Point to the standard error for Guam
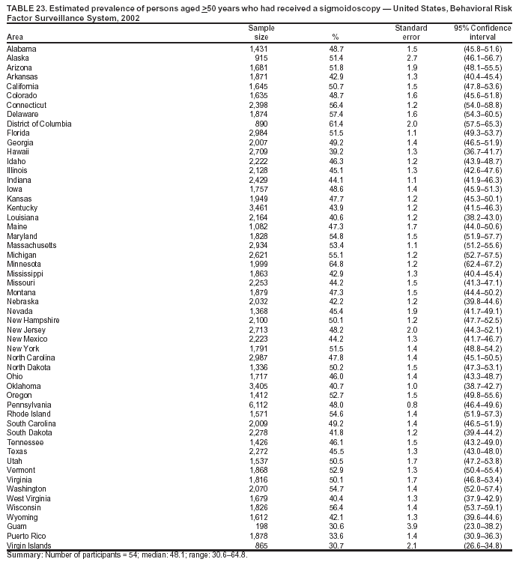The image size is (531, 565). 410,527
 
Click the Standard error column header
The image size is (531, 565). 410,32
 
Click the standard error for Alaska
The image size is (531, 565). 410,58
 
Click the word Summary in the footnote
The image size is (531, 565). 23,555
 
